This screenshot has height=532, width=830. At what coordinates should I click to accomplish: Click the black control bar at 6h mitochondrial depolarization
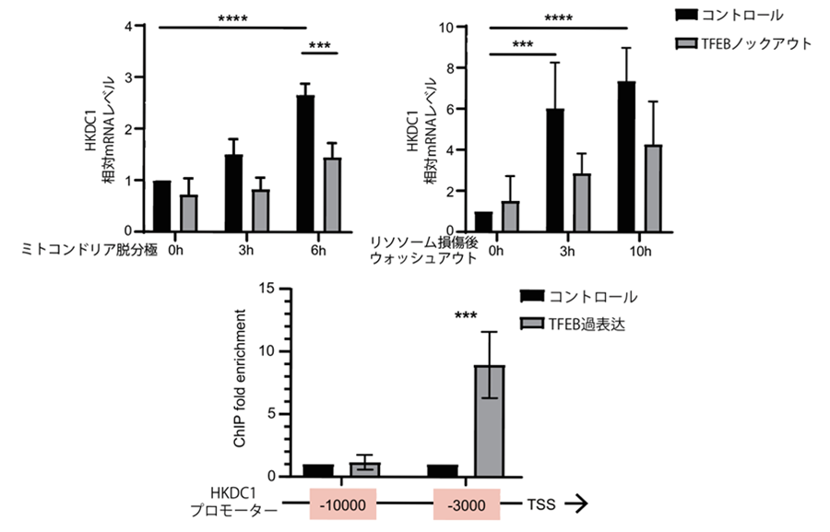pyautogui.click(x=305, y=163)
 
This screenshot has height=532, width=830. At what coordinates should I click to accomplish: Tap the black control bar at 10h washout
pyautogui.click(x=627, y=157)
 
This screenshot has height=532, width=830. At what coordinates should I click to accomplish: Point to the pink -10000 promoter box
pyautogui.click(x=342, y=504)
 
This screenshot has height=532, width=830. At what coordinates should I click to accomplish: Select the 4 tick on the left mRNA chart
pyautogui.click(x=139, y=27)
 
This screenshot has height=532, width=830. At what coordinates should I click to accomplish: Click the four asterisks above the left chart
pyautogui.click(x=237, y=18)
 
